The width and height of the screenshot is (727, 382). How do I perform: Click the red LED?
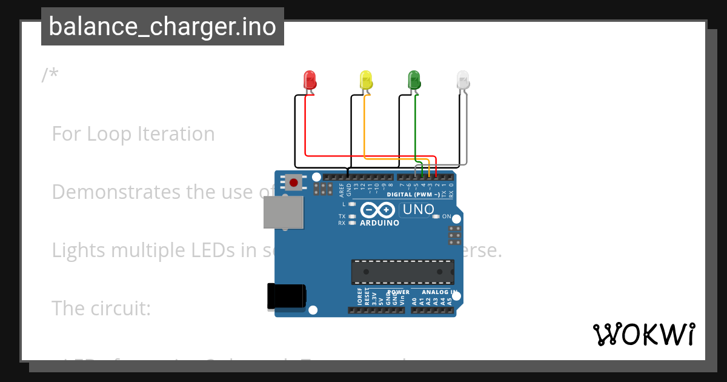pos(309,80)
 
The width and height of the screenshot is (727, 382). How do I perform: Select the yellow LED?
pos(366,80)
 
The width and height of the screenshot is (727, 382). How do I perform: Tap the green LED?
pos(414,80)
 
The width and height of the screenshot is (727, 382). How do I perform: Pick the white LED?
pos(463,80)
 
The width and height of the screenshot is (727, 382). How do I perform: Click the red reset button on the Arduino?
pos(294,182)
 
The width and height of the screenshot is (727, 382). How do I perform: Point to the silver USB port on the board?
pos(283,212)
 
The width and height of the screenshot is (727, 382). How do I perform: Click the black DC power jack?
pos(286,297)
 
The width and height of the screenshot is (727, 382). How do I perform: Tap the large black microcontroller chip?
pos(402,272)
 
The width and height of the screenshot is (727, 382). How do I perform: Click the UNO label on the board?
pos(418,210)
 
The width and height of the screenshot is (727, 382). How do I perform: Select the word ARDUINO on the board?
pos(379,223)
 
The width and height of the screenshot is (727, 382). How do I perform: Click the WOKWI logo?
pos(643,334)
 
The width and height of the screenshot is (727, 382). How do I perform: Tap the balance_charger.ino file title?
pos(162,27)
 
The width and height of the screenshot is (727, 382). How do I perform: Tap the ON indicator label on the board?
pos(446,216)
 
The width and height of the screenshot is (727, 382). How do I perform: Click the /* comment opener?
pos(50,75)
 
